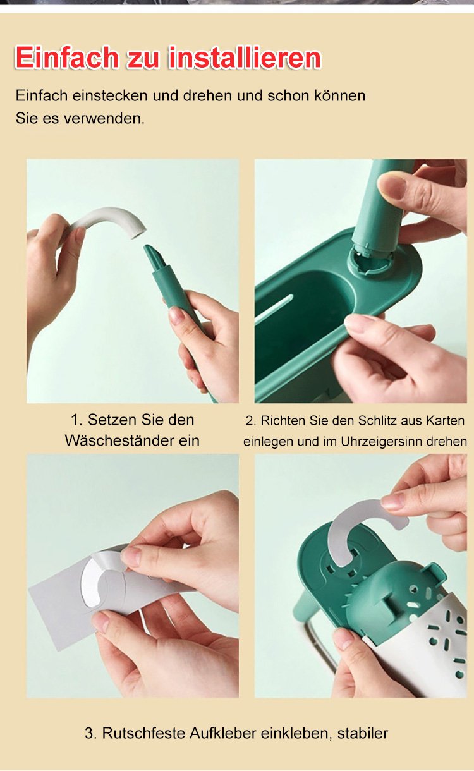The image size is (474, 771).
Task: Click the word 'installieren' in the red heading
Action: (x=245, y=57)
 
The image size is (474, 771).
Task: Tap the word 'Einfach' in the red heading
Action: (x=65, y=57)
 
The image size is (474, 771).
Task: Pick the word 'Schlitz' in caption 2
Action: (x=379, y=421)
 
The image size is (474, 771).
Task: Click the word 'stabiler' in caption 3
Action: (x=363, y=733)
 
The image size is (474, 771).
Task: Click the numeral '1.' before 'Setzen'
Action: (x=76, y=420)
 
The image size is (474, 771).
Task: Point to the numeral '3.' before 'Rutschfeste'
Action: (x=91, y=733)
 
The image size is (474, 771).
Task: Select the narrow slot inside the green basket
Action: (x=276, y=307)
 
